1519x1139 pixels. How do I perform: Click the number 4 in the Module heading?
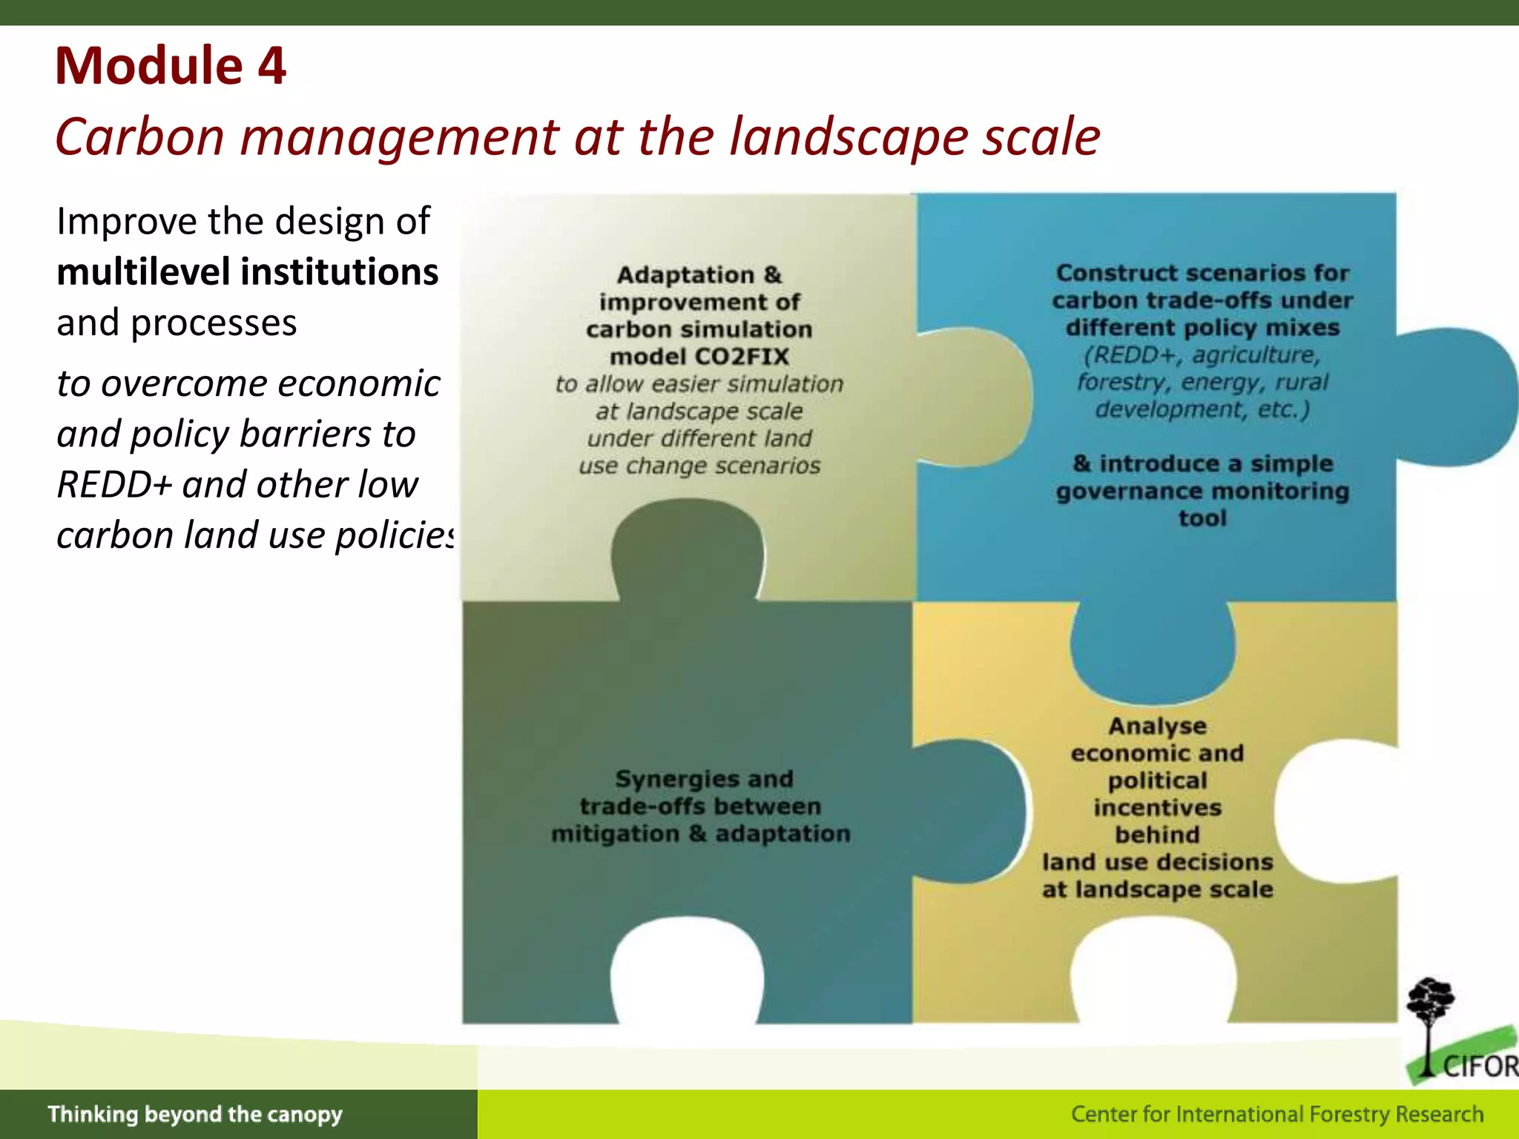[271, 67]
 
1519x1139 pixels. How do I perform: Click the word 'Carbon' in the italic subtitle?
[139, 137]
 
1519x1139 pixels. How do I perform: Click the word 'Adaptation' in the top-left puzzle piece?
[685, 275]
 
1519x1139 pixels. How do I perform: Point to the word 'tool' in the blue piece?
[1202, 518]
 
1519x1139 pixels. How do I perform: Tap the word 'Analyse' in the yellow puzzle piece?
[1157, 726]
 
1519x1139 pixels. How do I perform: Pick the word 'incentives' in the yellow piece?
[1157, 808]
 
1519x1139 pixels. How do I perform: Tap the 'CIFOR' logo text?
[1480, 1066]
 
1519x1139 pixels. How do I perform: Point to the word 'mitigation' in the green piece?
[615, 833]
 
